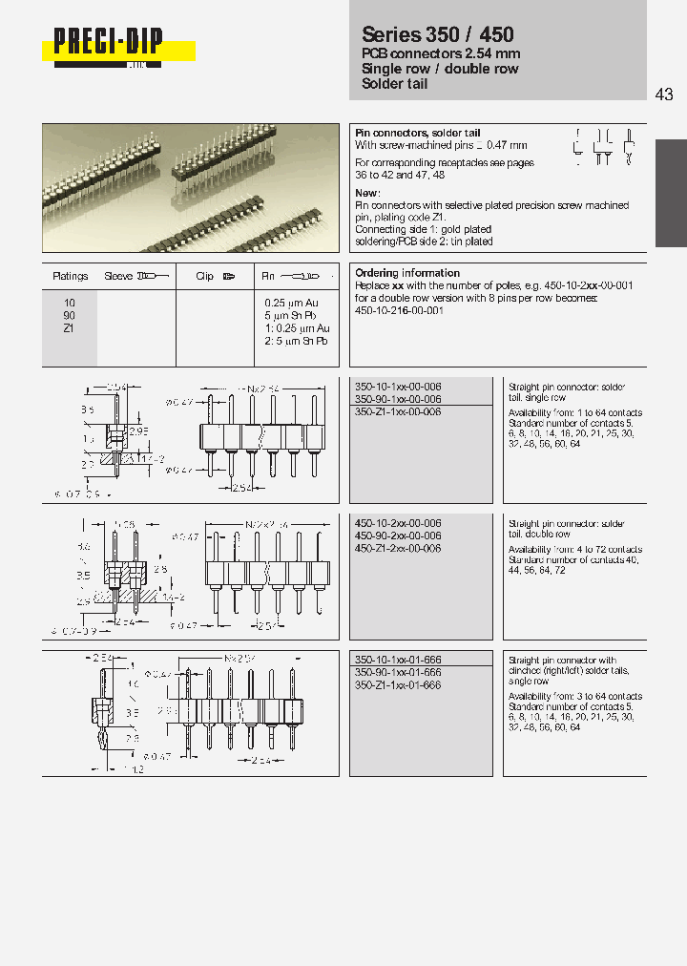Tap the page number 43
coord(665,94)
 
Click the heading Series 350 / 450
coord(438,34)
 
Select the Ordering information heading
coord(407,273)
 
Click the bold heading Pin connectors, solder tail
coord(418,133)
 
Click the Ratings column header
coord(70,276)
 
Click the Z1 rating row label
coord(69,327)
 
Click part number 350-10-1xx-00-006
coord(398,387)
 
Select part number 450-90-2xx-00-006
coord(398,536)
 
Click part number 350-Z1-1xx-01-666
coord(398,685)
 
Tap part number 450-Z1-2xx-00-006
coord(398,549)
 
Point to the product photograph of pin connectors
coord(191,189)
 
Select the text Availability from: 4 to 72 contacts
coord(575,550)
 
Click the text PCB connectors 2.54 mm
coord(425,54)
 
